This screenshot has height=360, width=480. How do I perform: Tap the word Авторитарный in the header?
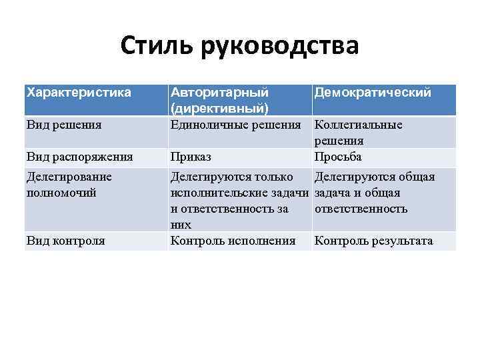(219, 92)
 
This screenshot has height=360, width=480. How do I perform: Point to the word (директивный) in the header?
(219, 107)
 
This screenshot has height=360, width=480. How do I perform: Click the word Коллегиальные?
(358, 125)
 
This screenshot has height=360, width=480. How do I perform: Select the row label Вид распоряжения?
(79, 157)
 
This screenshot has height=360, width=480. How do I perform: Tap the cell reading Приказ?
(191, 157)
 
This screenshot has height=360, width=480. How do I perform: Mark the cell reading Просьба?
(339, 157)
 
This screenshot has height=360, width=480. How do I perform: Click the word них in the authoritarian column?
(181, 225)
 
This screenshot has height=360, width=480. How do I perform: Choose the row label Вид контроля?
(65, 241)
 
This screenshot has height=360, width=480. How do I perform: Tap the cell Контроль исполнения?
(233, 241)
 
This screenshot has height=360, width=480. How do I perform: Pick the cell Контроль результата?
(373, 241)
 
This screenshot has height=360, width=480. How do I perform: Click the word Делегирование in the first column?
(69, 177)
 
